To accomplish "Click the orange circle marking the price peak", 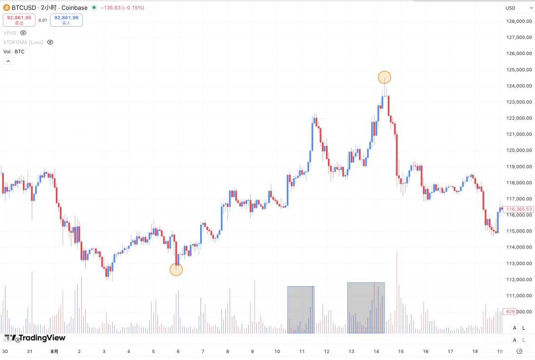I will [384, 77].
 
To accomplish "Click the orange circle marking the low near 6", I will [176, 269].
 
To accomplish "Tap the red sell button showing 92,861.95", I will [19, 20].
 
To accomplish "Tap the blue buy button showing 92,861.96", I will [66, 20].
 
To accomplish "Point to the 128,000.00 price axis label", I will [519, 21].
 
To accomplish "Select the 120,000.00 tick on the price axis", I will [519, 151].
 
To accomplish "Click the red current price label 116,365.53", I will [519, 209].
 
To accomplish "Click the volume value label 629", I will [509, 311].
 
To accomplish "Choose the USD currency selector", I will [510, 8].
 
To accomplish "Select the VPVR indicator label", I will [10, 33].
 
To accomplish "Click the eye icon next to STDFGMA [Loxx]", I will [50, 42].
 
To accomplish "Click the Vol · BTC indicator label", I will [14, 51].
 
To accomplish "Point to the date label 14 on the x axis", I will [376, 352].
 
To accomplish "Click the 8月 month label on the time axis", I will [54, 352].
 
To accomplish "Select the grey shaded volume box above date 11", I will [301, 309].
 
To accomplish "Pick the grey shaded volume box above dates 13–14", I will [366, 308].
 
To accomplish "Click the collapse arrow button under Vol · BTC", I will [8, 61].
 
